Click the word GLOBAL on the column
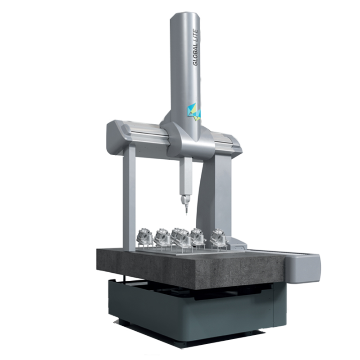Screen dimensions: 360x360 [195, 54]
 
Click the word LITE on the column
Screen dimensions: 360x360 [195, 36]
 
